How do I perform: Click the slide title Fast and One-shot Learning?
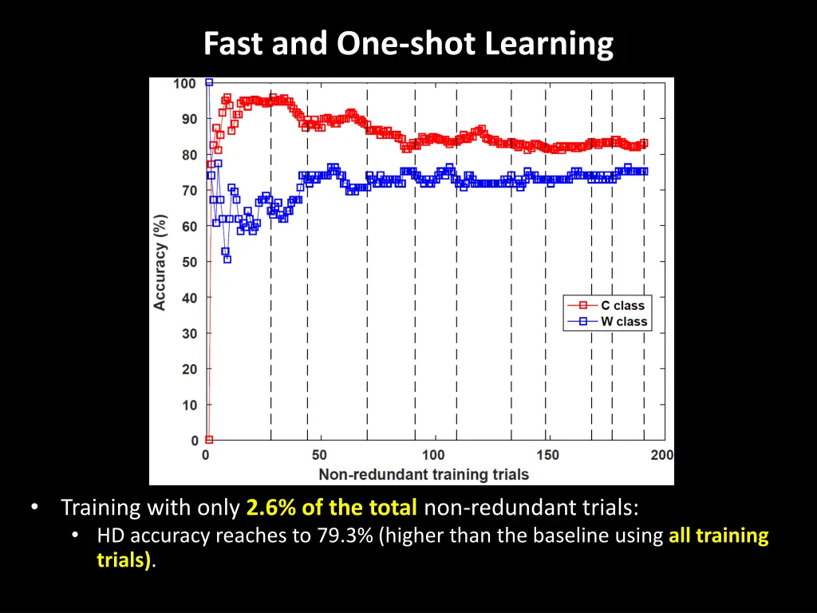pos(408,43)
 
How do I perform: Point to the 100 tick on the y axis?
pos(184,84)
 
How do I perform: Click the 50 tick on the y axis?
pos(189,262)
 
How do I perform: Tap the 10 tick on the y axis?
pos(189,405)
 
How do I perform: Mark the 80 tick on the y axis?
pos(189,155)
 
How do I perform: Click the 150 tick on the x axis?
pos(547,455)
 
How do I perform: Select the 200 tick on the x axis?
pos(662,455)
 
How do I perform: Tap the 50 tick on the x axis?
pos(319,455)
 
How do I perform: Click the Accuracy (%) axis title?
pos(160,262)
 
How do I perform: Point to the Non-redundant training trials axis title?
pos(424,474)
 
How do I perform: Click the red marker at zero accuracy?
pos(209,440)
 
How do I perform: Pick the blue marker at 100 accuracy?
pos(209,82)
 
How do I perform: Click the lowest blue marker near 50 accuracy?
pos(227,259)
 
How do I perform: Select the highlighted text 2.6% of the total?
pos(332,508)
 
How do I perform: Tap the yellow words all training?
pos(718,536)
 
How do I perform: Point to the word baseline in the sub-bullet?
pos(578,536)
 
